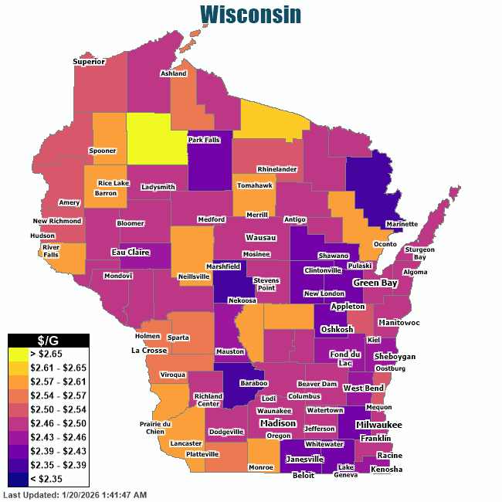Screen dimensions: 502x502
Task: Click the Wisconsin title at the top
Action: [250, 15]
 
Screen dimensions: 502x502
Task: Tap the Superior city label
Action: [89, 62]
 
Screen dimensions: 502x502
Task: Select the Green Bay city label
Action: [375, 283]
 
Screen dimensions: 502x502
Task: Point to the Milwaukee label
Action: [378, 425]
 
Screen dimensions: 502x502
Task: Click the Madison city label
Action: [277, 423]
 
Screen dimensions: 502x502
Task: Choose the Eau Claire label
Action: [130, 252]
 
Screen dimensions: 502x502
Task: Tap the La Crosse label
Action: [150, 350]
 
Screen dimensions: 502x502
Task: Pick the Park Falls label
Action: [207, 140]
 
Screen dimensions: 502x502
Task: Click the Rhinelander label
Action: [277, 168]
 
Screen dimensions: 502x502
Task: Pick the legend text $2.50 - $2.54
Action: [60, 409]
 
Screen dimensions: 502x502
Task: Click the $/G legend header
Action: [48, 340]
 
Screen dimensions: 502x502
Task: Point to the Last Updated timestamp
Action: [75, 494]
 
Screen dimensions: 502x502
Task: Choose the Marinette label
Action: [402, 224]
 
